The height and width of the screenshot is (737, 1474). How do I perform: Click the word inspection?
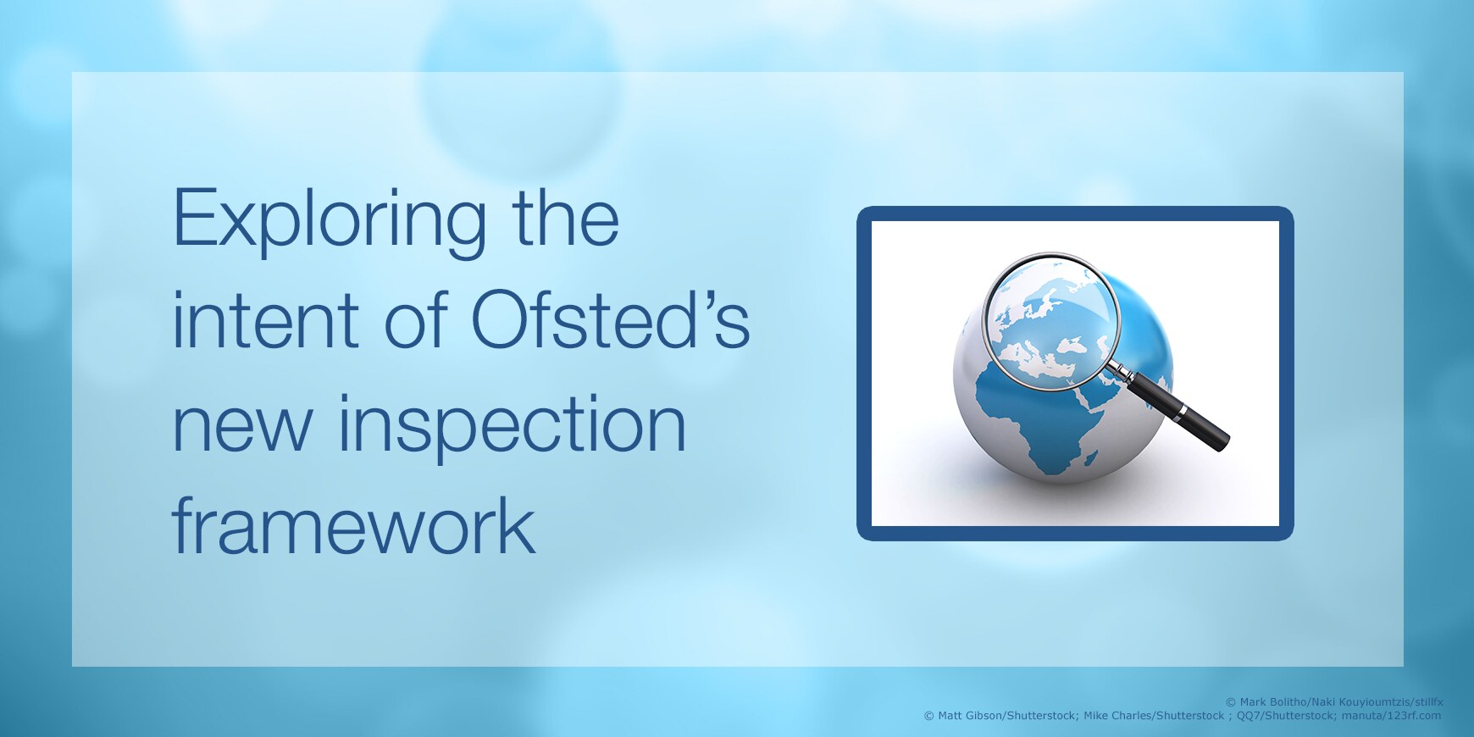[x=513, y=427]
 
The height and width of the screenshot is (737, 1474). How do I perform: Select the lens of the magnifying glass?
[x=1050, y=322]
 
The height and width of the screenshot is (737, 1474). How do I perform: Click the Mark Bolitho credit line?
[x=1334, y=701]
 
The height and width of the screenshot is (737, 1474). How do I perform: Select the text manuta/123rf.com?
[x=1391, y=716]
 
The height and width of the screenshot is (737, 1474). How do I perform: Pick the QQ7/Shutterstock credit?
[x=1285, y=716]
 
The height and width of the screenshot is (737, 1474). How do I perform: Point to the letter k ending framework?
[x=518, y=524]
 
